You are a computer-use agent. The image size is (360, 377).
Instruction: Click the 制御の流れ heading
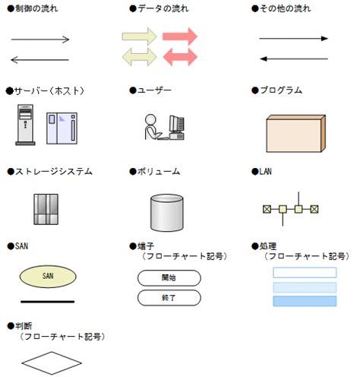click(x=35, y=8)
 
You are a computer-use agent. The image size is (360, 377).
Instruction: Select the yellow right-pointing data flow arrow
click(x=140, y=36)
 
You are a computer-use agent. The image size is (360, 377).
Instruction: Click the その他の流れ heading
click(x=284, y=8)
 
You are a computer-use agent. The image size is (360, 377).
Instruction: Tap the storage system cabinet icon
click(x=46, y=209)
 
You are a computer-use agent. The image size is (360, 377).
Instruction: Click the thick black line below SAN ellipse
click(x=47, y=301)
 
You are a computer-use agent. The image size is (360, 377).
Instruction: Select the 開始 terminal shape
click(x=169, y=278)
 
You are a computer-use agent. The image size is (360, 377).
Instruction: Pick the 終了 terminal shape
click(x=169, y=298)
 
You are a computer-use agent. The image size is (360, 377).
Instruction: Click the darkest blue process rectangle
click(x=304, y=301)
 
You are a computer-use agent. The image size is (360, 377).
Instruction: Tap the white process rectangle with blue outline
click(x=304, y=272)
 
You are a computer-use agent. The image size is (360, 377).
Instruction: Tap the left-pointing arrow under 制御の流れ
click(x=39, y=59)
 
